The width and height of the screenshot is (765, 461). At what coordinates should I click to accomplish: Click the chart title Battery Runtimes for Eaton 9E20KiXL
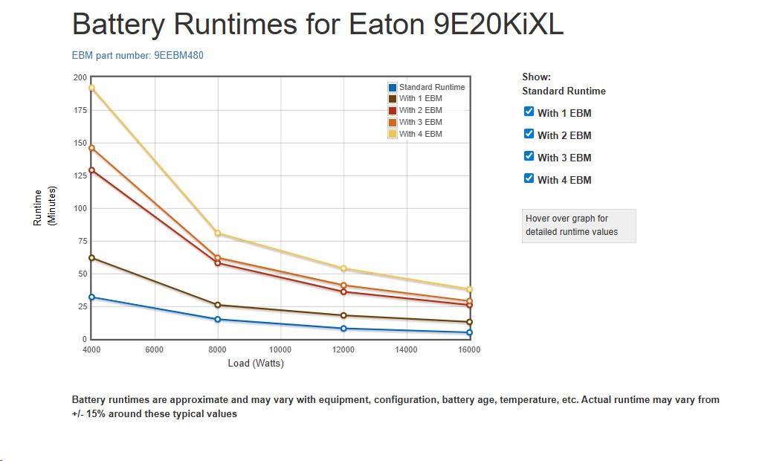[317, 25]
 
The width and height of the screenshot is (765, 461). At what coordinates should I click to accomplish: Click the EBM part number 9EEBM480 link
[138, 56]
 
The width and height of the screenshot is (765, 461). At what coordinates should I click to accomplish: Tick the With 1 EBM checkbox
[529, 112]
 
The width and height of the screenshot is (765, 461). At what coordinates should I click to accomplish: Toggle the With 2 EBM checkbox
[529, 134]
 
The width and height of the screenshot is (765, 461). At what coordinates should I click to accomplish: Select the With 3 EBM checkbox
[529, 156]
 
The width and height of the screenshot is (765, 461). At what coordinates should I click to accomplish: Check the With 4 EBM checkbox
[529, 178]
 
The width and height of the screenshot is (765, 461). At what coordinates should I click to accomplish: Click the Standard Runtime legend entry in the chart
[426, 87]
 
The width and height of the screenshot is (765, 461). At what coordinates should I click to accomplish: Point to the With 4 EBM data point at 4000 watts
[91, 88]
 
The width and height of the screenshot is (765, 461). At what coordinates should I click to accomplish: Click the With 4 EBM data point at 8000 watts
[218, 233]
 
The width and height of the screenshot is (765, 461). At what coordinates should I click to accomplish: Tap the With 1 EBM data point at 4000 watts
[91, 258]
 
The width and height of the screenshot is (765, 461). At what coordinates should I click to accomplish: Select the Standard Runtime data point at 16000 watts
[469, 332]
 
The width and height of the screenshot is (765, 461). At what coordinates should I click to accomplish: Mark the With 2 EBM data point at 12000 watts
[343, 291]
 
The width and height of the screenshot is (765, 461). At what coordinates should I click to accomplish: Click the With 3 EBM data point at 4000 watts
[91, 148]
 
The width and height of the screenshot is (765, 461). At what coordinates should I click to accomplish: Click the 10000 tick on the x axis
[280, 349]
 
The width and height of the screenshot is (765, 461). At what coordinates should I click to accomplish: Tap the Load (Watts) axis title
[256, 364]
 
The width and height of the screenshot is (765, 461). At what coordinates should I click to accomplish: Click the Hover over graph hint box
[578, 225]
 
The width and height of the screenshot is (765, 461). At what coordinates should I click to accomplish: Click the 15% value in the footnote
[97, 413]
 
